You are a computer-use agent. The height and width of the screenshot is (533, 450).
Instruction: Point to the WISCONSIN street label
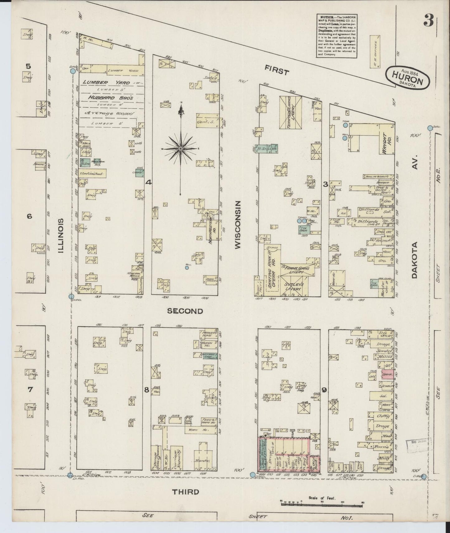(238, 224)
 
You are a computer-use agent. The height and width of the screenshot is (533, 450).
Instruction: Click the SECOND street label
(185, 311)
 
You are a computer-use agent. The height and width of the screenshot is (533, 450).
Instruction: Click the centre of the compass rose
(180, 149)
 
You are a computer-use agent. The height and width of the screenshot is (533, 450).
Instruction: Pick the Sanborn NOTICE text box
(336, 35)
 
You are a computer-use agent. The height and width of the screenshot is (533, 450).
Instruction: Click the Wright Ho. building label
(386, 143)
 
